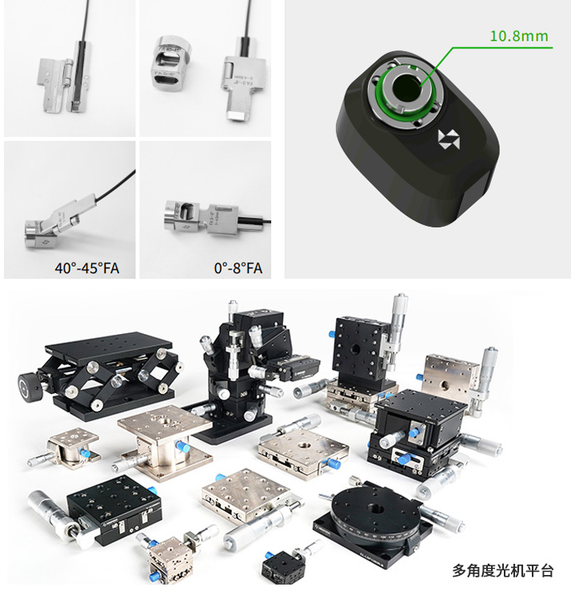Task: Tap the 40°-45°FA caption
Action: click(x=86, y=268)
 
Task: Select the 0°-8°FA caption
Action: click(x=238, y=268)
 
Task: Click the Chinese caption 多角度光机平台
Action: click(x=502, y=571)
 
